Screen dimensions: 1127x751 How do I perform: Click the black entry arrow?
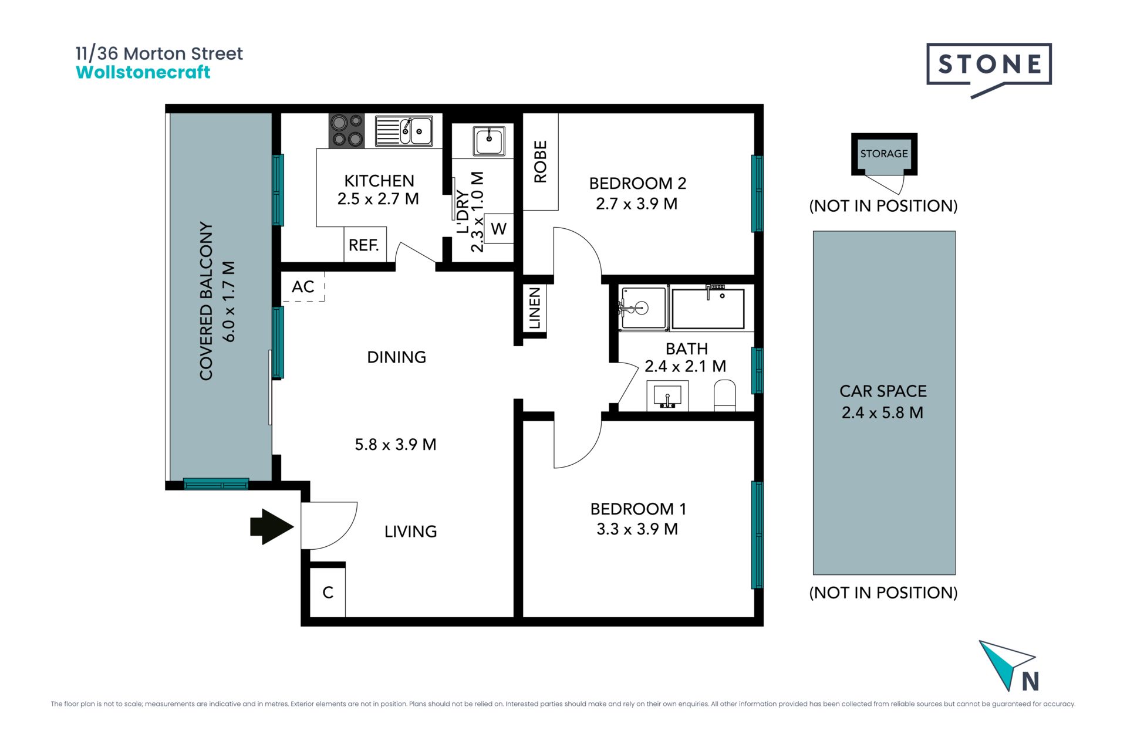click(x=271, y=527)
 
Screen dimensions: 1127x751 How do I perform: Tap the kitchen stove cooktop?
click(x=346, y=130)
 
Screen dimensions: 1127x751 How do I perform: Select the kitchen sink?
click(x=404, y=131)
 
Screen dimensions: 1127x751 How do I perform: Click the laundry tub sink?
click(x=489, y=141)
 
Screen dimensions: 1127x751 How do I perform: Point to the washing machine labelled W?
click(x=499, y=228)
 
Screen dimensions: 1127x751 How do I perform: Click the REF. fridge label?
click(x=364, y=245)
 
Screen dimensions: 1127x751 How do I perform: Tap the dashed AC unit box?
click(x=303, y=286)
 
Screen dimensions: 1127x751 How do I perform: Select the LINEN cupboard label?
click(x=534, y=308)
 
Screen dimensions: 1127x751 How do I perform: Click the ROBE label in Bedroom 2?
click(x=540, y=162)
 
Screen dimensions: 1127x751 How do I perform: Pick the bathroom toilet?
click(x=725, y=395)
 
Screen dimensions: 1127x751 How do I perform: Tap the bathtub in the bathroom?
click(x=708, y=308)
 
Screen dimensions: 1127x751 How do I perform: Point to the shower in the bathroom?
click(x=643, y=307)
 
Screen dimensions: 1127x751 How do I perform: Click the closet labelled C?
click(x=328, y=593)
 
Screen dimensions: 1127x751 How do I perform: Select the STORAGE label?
click(x=884, y=154)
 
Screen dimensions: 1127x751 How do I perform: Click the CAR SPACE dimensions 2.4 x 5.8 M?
click(x=882, y=412)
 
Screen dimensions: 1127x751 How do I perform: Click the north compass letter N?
click(x=1031, y=681)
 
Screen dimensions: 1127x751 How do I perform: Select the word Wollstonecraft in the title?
click(x=143, y=72)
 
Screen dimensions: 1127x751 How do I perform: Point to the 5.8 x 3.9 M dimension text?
click(x=396, y=444)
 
